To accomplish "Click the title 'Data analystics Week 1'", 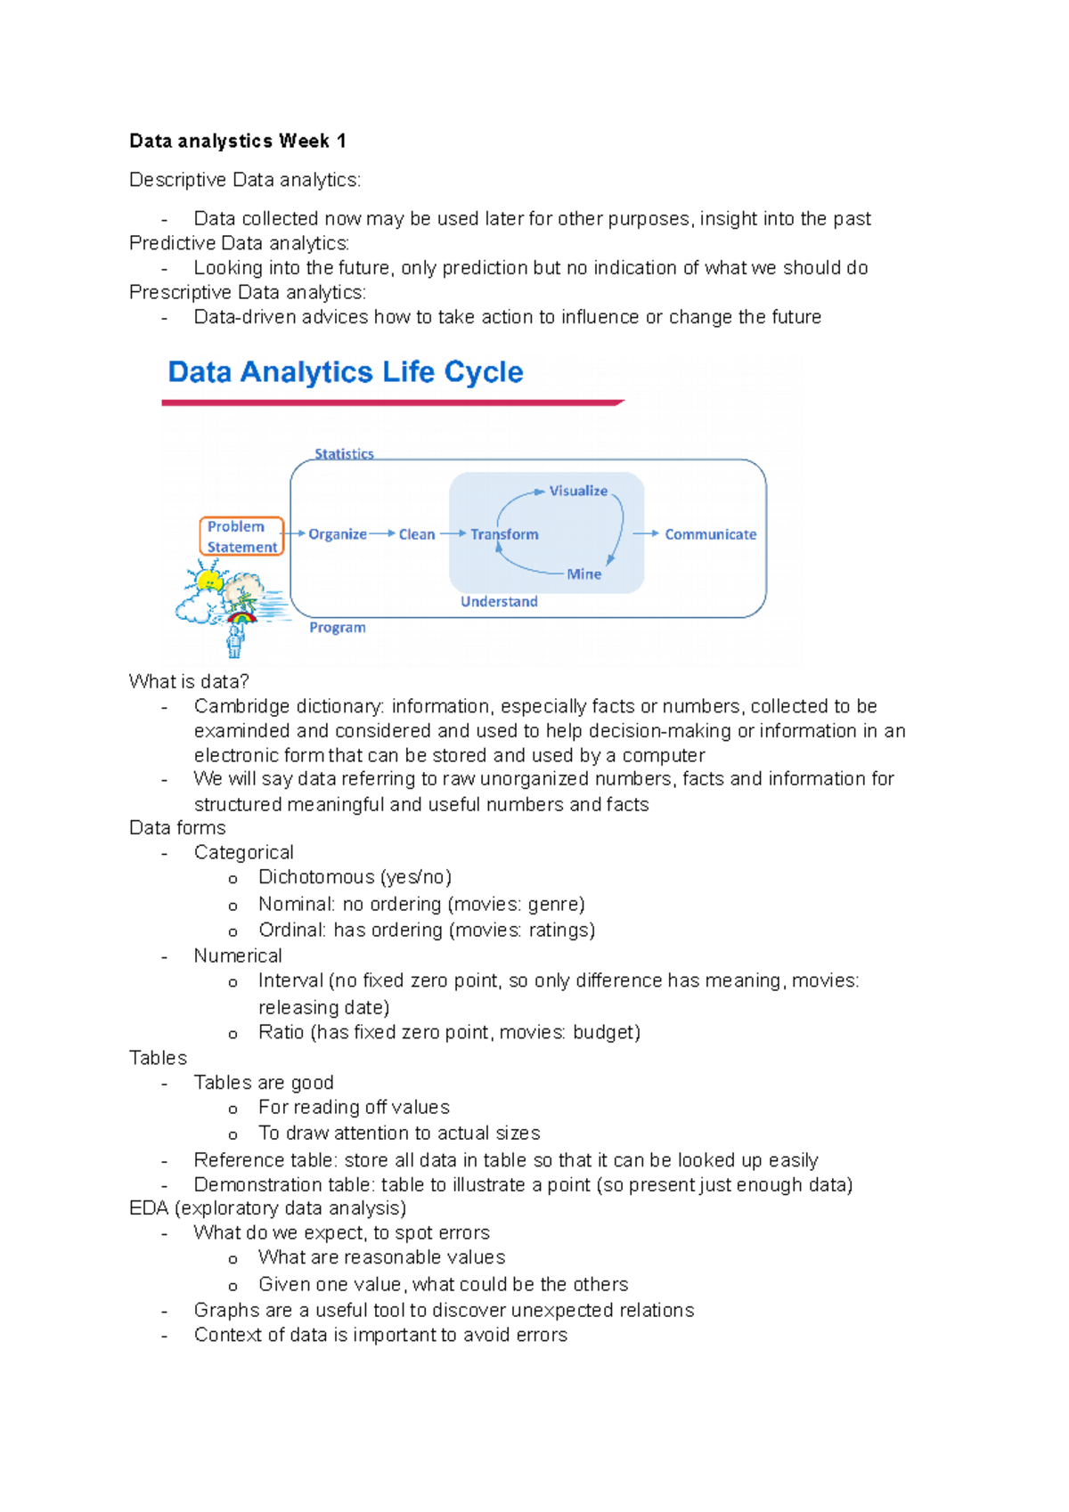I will point(237,141).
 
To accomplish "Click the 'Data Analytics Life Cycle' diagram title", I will point(345,371).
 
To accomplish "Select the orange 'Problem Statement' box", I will point(241,536).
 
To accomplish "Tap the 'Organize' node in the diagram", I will point(337,534).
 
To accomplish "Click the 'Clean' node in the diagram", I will point(416,534).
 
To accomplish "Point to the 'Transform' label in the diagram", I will point(504,534).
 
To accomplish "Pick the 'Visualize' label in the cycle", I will point(578,491).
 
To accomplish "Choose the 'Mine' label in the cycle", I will point(583,574).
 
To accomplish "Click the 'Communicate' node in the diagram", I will point(710,534).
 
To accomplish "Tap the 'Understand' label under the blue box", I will point(499,602).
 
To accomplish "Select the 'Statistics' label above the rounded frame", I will point(344,454).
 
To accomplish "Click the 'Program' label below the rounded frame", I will point(337,628).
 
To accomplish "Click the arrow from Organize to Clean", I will point(382,533).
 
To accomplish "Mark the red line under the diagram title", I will point(392,403).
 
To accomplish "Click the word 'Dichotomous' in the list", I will point(316,877).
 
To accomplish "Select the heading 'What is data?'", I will point(189,681).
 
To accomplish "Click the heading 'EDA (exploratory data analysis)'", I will point(267,1208).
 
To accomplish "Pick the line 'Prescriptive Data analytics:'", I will point(247,292).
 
